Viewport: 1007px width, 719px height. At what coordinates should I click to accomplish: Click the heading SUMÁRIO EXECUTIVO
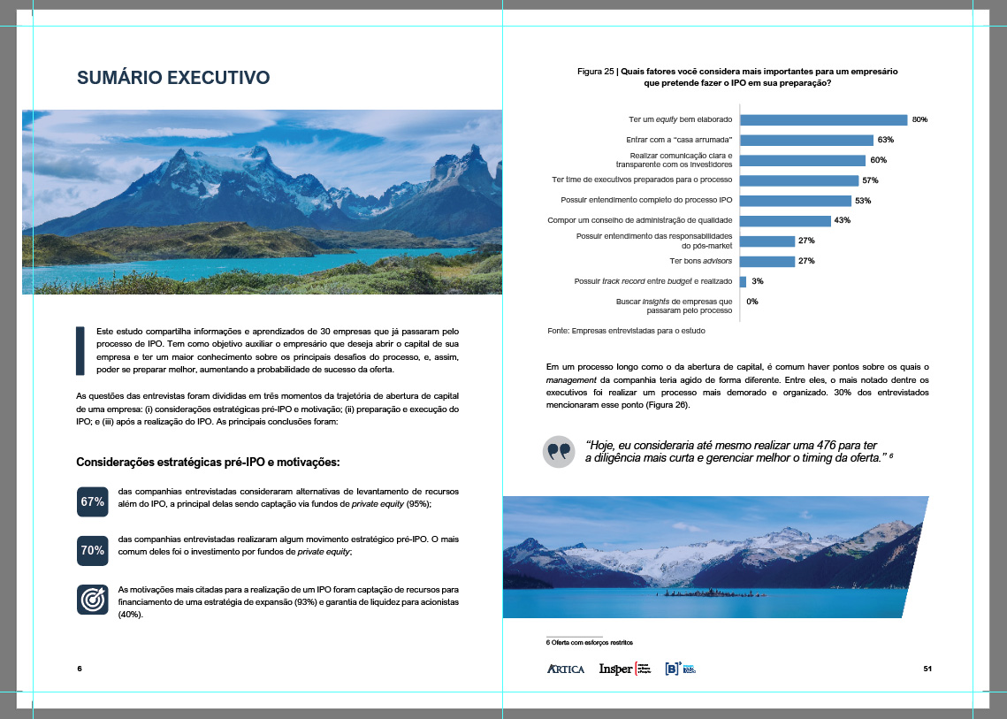tap(173, 78)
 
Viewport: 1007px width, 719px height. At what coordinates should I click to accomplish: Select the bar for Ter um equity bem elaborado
tap(823, 119)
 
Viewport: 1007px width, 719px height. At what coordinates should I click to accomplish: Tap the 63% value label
tap(886, 140)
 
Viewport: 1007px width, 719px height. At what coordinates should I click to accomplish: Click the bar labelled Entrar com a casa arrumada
tap(806, 140)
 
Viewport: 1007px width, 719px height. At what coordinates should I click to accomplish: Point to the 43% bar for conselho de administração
tap(785, 220)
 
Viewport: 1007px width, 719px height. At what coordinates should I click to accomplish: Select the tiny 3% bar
tap(743, 281)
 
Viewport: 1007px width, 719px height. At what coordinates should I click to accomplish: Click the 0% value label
tap(752, 302)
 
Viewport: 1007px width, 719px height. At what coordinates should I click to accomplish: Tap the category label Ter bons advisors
tap(701, 261)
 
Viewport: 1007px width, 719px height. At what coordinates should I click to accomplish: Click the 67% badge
tap(93, 501)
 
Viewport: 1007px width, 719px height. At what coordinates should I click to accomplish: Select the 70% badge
tap(93, 550)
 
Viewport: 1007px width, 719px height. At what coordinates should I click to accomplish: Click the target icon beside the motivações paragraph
tap(93, 599)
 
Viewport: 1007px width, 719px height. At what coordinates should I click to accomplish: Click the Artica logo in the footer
tap(566, 669)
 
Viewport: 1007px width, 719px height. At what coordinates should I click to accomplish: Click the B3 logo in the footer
tap(681, 669)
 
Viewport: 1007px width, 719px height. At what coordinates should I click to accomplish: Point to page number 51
tap(927, 668)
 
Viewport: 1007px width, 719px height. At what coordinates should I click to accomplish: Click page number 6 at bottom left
tap(80, 668)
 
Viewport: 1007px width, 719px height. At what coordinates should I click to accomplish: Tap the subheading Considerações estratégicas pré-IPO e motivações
tap(208, 462)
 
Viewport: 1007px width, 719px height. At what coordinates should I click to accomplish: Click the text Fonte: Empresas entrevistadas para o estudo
tap(626, 331)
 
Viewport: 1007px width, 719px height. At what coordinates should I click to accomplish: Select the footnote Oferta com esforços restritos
tap(589, 642)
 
